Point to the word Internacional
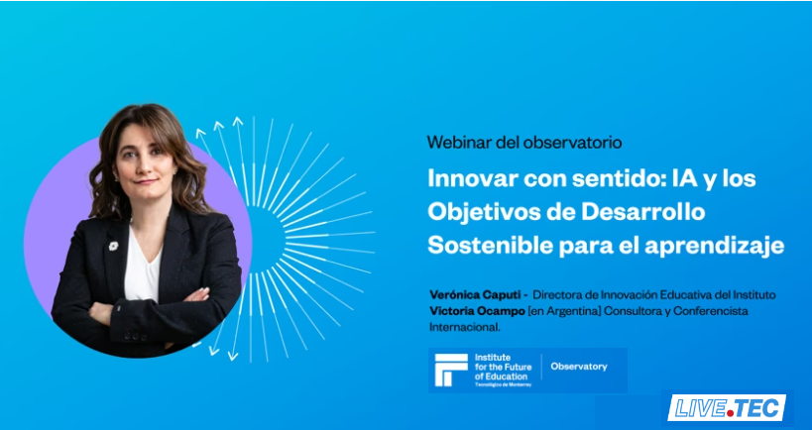coord(465,327)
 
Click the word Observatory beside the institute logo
coord(579,367)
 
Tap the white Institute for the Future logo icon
coord(451,370)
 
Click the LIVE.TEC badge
coord(727,408)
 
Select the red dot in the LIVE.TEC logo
coord(730,413)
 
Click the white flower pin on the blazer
coord(113,246)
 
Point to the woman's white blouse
coord(144,270)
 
